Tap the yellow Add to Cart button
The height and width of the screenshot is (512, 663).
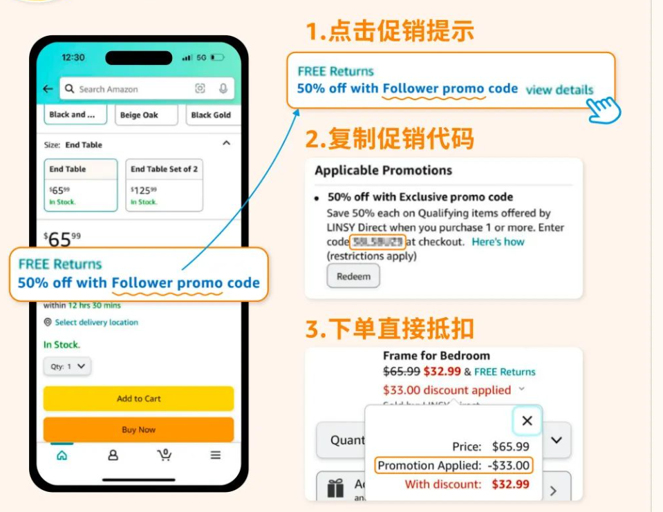click(138, 399)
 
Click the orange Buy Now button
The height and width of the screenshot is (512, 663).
click(138, 429)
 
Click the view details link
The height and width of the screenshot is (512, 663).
click(559, 90)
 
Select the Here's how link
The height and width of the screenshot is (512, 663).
click(498, 242)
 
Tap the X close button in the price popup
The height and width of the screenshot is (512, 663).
click(527, 421)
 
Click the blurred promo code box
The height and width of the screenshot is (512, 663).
click(377, 242)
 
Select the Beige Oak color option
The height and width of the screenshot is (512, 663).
click(139, 115)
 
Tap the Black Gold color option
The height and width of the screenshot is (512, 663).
click(211, 115)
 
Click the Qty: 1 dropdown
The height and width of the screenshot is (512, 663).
click(67, 366)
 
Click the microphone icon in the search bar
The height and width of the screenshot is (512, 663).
click(223, 88)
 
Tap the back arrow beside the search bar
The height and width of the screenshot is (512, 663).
click(48, 88)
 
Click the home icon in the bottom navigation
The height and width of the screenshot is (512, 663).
click(62, 455)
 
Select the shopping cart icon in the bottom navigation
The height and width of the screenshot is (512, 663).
click(164, 455)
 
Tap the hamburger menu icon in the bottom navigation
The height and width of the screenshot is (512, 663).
click(216, 455)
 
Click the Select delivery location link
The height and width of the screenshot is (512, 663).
click(96, 322)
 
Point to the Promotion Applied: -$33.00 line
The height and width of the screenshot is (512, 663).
click(454, 466)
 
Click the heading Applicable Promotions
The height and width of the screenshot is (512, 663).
click(383, 171)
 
